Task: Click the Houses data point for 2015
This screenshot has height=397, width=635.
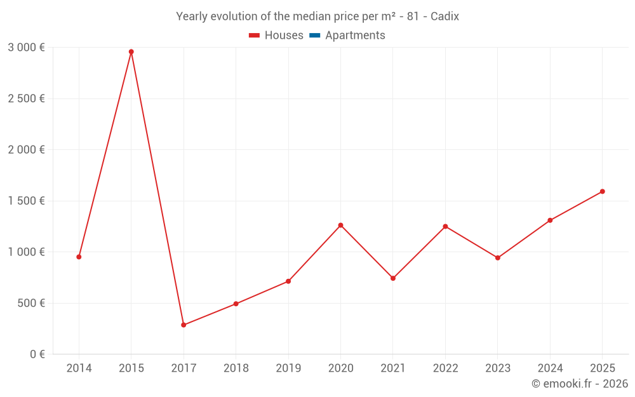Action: (x=131, y=51)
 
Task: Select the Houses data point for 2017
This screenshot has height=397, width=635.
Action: (x=184, y=325)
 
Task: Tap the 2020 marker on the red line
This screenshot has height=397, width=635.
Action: (x=340, y=225)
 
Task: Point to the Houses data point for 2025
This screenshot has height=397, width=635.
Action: (x=602, y=191)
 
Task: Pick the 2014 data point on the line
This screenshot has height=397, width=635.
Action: (x=79, y=257)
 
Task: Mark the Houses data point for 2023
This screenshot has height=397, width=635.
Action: (x=498, y=258)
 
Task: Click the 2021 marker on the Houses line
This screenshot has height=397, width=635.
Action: (x=393, y=278)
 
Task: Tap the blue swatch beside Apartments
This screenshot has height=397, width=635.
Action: (x=314, y=36)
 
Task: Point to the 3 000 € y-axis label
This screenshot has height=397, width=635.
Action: (x=26, y=47)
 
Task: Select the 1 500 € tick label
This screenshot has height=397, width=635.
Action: (x=26, y=201)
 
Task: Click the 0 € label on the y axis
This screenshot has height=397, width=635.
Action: (x=36, y=354)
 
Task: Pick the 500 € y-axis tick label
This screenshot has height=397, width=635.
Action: (x=31, y=303)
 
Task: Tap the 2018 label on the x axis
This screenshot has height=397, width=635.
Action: (x=236, y=368)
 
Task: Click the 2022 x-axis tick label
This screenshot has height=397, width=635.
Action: (x=445, y=368)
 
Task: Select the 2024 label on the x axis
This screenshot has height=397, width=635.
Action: (x=550, y=368)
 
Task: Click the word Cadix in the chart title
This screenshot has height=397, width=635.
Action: (x=444, y=17)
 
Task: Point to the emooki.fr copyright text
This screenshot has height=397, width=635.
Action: (x=580, y=384)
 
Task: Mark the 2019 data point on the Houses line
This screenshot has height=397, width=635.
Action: (x=288, y=281)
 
